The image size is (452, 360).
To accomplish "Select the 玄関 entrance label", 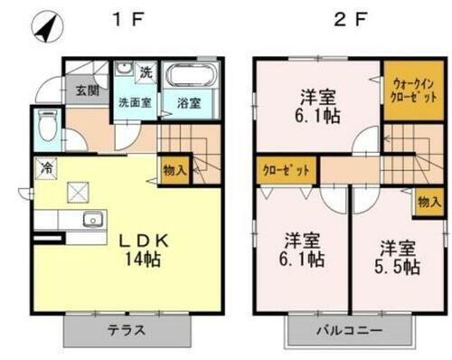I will (x=87, y=91).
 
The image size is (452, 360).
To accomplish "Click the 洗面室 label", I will (x=135, y=102).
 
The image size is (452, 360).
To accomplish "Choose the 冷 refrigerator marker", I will (x=44, y=167).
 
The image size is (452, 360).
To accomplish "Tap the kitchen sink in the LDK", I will (x=91, y=221).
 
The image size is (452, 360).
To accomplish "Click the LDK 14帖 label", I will (x=139, y=250).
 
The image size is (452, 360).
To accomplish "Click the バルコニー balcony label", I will (x=348, y=331).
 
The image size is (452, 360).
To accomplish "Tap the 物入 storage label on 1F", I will (x=175, y=169).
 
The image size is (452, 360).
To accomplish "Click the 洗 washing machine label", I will (x=146, y=71).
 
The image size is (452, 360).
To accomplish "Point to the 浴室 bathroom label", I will (x=188, y=103).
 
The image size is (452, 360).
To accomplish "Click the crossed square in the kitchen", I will (x=77, y=192).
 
